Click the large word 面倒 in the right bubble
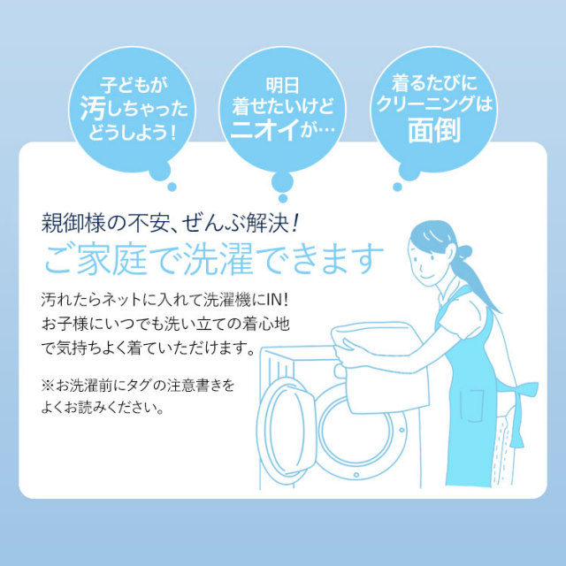click(434, 130)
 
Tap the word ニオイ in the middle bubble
click(265, 129)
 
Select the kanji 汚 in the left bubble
click(93, 108)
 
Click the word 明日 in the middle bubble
click(283, 86)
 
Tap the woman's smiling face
click(425, 263)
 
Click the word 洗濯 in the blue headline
click(218, 259)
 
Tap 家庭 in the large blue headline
click(112, 259)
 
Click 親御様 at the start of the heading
click(74, 224)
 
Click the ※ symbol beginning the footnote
click(47, 386)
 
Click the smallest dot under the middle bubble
click(283, 198)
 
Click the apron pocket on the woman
click(471, 405)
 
